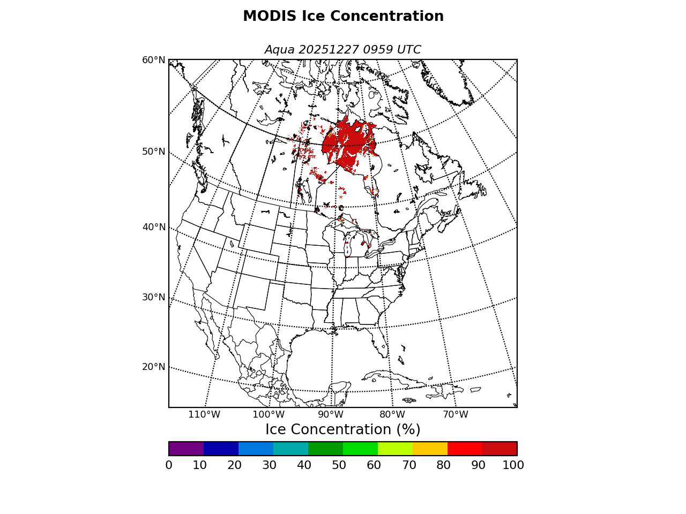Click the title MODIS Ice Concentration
tap(343, 17)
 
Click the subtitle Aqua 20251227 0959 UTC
tap(343, 50)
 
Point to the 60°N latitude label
tap(153, 60)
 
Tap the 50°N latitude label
tap(153, 152)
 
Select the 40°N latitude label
tap(153, 227)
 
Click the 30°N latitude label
tap(153, 297)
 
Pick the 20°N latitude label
tap(153, 367)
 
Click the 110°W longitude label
tap(204, 414)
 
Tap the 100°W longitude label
tap(268, 414)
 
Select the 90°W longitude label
tap(331, 414)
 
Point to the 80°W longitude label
tap(392, 414)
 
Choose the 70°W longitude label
tap(456, 414)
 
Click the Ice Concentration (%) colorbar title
tap(343, 430)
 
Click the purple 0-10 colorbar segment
tap(186, 449)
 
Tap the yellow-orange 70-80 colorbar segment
tap(430, 449)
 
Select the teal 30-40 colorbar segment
tap(290, 449)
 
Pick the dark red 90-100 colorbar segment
tap(499, 449)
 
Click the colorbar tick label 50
tap(339, 465)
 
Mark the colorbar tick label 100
tap(513, 465)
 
